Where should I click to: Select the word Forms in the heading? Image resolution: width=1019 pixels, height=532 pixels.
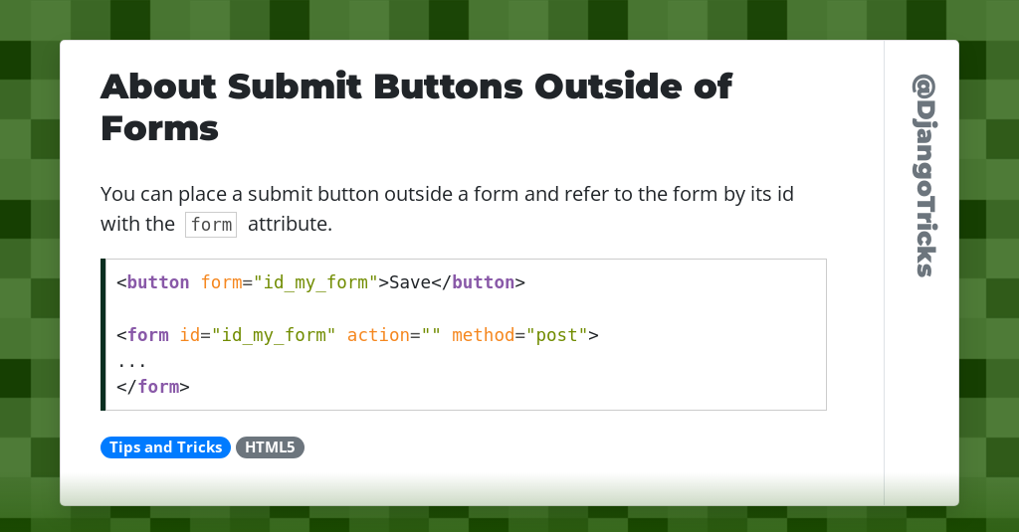(x=159, y=128)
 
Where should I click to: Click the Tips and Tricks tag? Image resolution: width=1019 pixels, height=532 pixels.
(x=165, y=447)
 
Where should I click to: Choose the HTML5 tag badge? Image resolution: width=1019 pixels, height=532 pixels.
(x=270, y=447)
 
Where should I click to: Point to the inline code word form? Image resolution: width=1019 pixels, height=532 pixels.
(x=211, y=225)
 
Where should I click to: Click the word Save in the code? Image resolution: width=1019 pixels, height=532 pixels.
(x=409, y=282)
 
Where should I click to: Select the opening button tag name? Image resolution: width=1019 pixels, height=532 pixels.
(x=157, y=282)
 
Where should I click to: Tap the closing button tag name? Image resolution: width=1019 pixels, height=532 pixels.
(x=483, y=282)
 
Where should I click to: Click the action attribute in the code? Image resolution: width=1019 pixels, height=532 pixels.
(x=378, y=335)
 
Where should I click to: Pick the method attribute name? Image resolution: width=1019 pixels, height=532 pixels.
(x=483, y=335)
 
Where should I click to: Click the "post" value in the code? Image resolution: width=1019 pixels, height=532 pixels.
(x=557, y=335)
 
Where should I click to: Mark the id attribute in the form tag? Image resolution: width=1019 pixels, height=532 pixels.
(x=189, y=335)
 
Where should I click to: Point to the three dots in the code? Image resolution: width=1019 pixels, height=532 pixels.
(x=131, y=362)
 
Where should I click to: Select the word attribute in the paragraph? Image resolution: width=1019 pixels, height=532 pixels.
(x=289, y=224)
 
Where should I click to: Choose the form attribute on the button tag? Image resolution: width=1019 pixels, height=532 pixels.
(x=221, y=282)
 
